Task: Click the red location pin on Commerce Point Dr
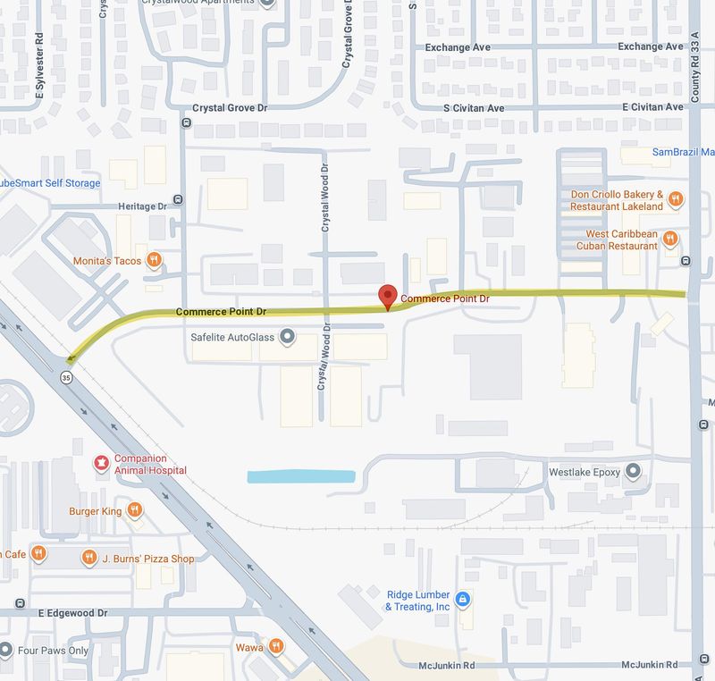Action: pyautogui.click(x=388, y=296)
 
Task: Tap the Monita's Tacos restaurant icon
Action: pyautogui.click(x=155, y=260)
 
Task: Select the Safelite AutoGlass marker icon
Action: pyautogui.click(x=287, y=337)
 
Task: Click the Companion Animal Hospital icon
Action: pyautogui.click(x=102, y=463)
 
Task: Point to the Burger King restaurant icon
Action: pyautogui.click(x=134, y=510)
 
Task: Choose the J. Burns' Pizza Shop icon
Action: pyautogui.click(x=88, y=558)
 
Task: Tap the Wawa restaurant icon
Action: pyautogui.click(x=277, y=646)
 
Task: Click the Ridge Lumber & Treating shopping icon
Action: pyautogui.click(x=462, y=600)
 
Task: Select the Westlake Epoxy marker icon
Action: pyautogui.click(x=633, y=470)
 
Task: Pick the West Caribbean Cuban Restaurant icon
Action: pyautogui.click(x=670, y=239)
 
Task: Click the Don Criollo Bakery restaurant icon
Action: pyautogui.click(x=676, y=199)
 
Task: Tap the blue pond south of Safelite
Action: pyautogui.click(x=301, y=476)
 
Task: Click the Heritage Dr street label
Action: pyautogui.click(x=143, y=206)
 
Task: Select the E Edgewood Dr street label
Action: pyautogui.click(x=72, y=614)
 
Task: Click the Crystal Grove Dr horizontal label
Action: pyautogui.click(x=231, y=108)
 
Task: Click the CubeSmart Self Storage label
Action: pyautogui.click(x=50, y=183)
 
